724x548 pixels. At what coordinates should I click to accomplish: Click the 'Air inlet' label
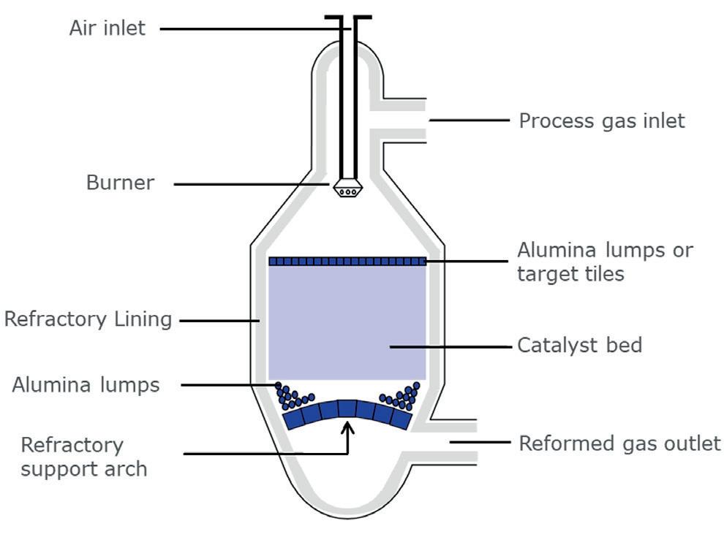pyautogui.click(x=108, y=28)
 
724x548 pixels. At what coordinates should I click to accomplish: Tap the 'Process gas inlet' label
pyautogui.click(x=602, y=121)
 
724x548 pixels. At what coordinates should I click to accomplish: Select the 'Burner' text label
pyautogui.click(x=121, y=183)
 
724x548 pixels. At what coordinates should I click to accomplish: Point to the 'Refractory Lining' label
pyautogui.click(x=88, y=319)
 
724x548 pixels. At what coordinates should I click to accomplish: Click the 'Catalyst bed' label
pyautogui.click(x=580, y=345)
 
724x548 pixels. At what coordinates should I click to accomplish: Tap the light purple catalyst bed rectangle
pyautogui.click(x=347, y=321)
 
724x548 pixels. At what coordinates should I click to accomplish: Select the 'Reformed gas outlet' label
pyautogui.click(x=619, y=443)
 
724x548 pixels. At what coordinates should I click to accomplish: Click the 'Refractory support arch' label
pyautogui.click(x=84, y=456)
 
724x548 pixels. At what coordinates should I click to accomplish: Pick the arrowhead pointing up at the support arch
pyautogui.click(x=348, y=425)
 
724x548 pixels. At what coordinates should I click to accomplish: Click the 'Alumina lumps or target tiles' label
pyautogui.click(x=605, y=262)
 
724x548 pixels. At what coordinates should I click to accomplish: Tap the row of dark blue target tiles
pyautogui.click(x=347, y=261)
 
